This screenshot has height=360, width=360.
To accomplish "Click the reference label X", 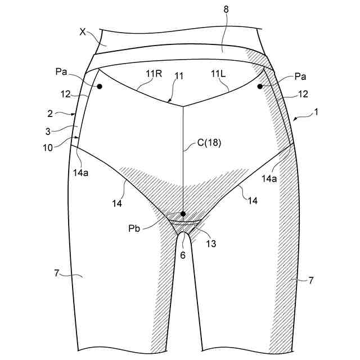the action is click(x=83, y=33).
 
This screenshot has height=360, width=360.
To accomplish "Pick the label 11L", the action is click(x=218, y=74).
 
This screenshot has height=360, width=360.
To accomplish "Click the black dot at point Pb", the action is click(x=183, y=214).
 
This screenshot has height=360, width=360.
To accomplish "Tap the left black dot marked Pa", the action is click(x=99, y=86).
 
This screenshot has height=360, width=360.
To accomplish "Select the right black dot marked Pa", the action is click(x=260, y=86).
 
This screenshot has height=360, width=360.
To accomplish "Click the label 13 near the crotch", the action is click(x=212, y=244).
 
